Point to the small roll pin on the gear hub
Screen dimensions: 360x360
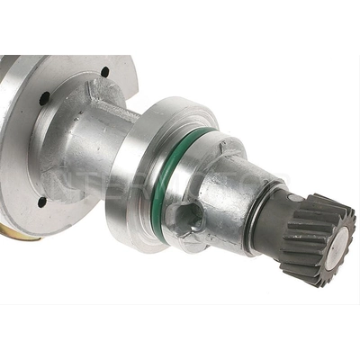coord(295,195)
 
